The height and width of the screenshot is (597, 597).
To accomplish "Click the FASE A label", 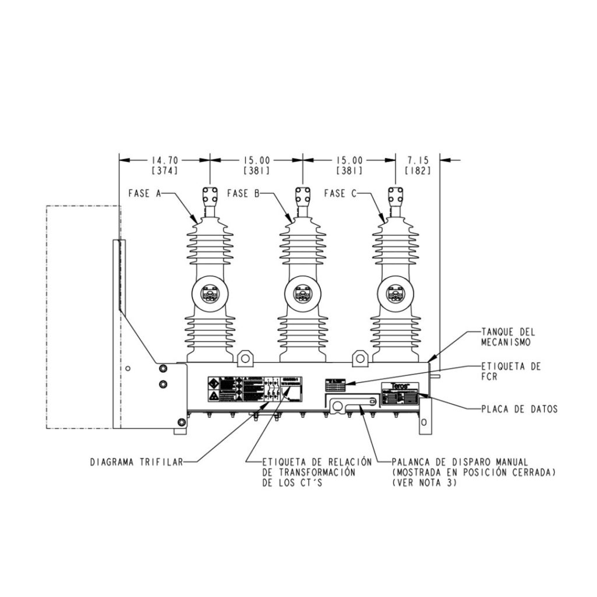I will [x=144, y=193].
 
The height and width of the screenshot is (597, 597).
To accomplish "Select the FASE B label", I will [x=243, y=193].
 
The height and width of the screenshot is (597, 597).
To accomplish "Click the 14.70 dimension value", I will [x=164, y=159].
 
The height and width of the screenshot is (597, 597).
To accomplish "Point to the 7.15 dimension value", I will [x=417, y=159].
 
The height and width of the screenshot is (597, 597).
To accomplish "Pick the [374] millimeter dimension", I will [x=164, y=171].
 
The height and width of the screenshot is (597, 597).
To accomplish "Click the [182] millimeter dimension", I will [x=417, y=171].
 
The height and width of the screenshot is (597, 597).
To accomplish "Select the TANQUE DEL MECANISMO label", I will [x=505, y=337].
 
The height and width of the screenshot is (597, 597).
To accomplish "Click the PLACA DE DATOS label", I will [x=519, y=409].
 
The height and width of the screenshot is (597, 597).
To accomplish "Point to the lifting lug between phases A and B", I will [x=246, y=356].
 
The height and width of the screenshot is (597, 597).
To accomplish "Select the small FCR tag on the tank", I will [x=335, y=385].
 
